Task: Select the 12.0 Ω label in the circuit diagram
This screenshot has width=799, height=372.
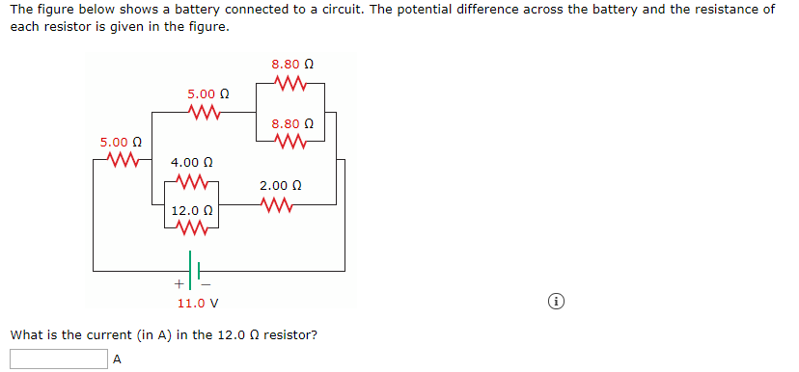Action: tap(191, 209)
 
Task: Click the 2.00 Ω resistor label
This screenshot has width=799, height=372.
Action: tap(280, 185)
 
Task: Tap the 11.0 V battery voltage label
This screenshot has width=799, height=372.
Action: tap(197, 303)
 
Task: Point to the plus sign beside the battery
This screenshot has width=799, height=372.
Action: tap(179, 284)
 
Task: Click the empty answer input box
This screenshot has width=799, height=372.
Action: tap(59, 359)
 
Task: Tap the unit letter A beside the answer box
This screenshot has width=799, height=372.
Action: tap(118, 359)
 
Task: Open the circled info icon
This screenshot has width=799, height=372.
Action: tap(556, 303)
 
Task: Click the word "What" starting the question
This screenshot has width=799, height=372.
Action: tap(24, 335)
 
